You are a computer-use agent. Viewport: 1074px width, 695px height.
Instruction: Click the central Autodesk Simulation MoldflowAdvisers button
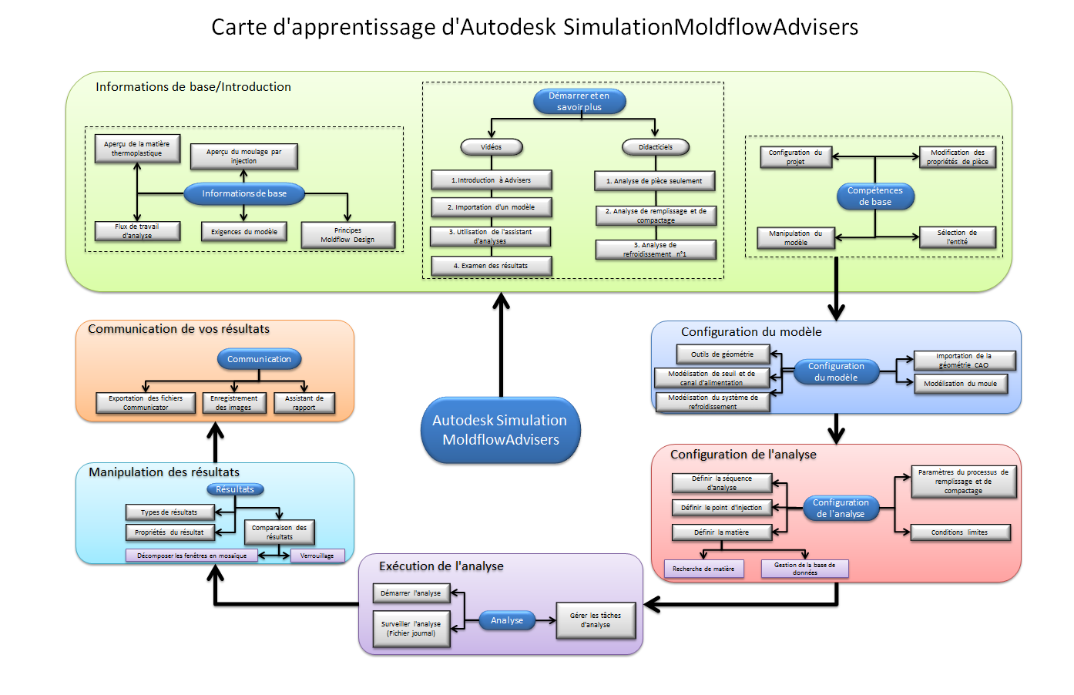(x=500, y=430)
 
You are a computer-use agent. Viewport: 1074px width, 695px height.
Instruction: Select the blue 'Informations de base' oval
(x=244, y=193)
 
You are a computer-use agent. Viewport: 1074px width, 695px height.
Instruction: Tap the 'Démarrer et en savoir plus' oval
(x=579, y=102)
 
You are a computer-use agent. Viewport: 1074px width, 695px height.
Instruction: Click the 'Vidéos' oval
(x=492, y=147)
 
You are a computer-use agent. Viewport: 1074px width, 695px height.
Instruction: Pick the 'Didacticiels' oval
(x=655, y=147)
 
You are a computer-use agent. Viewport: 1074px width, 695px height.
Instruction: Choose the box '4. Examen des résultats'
(x=491, y=266)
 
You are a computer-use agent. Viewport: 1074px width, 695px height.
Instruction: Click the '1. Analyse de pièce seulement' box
(x=654, y=181)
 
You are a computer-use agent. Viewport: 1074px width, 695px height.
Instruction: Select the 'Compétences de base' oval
(x=875, y=196)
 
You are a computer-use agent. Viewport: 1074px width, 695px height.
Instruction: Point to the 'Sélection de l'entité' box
(x=957, y=237)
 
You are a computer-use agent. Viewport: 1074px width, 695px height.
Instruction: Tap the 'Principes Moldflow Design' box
(x=347, y=235)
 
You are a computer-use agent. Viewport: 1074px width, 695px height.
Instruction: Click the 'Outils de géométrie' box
(x=722, y=354)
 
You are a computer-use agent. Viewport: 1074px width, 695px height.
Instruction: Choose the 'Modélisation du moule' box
(x=960, y=384)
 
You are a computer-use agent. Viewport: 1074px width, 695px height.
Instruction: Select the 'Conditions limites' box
(x=959, y=532)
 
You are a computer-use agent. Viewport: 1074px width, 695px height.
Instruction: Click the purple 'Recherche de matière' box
(x=703, y=569)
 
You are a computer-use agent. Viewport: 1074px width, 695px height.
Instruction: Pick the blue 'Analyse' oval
(x=507, y=620)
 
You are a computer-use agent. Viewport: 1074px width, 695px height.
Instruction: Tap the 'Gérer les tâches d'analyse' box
(x=596, y=620)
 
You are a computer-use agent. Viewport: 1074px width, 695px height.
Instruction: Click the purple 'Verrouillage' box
(x=317, y=556)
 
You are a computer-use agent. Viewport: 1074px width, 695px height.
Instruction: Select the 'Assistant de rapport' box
(x=304, y=403)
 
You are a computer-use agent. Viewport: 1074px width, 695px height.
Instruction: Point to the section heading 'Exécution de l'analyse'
(x=441, y=566)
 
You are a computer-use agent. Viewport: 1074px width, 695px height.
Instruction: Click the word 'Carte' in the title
(x=238, y=27)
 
